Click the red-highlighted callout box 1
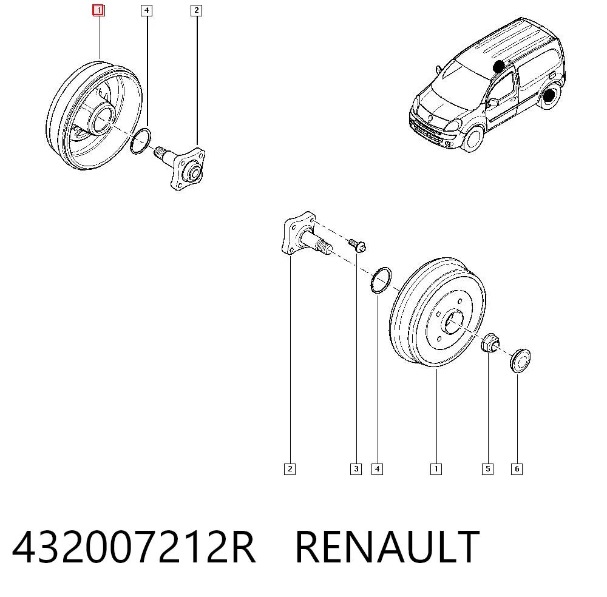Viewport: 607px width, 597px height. pos(98,10)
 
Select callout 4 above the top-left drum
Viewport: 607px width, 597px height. pos(146,10)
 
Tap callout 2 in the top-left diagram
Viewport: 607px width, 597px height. pos(196,10)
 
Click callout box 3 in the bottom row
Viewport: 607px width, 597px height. pos(356,469)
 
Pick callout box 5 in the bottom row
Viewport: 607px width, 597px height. pos(487,469)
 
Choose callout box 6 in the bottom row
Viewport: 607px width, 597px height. pos(517,469)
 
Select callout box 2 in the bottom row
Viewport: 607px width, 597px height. pos(290,469)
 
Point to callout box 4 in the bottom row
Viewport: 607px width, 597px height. pos(377,469)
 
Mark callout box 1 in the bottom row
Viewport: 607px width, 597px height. pos(436,469)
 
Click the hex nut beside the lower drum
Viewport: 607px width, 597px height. pos(490,343)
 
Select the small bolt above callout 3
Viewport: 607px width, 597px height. pos(357,245)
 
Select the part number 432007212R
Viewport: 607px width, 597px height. pos(134,547)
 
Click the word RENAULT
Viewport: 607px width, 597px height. pos(387,547)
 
